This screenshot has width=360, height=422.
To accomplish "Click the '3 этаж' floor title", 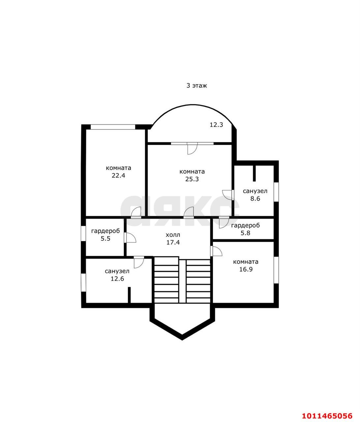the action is pyautogui.click(x=196, y=85).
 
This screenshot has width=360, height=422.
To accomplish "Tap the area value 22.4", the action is pyautogui.click(x=118, y=176).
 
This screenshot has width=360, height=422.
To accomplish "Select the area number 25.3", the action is pyautogui.click(x=192, y=179).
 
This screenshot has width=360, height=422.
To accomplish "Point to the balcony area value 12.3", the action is pyautogui.click(x=217, y=125).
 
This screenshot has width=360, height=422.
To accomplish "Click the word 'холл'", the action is pyautogui.click(x=173, y=235).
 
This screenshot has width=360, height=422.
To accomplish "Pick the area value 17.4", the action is pyautogui.click(x=173, y=243).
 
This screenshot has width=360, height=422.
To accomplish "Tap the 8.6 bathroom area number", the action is pyautogui.click(x=255, y=198).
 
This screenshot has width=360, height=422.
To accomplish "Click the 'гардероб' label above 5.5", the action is pyautogui.click(x=105, y=231).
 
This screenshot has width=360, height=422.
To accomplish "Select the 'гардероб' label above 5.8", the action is pyautogui.click(x=246, y=226).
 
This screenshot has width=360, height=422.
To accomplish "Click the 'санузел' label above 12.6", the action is pyautogui.click(x=117, y=271).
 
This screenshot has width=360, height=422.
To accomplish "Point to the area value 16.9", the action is pyautogui.click(x=246, y=269).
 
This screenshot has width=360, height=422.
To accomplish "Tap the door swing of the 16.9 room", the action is pyautogui.click(x=217, y=251).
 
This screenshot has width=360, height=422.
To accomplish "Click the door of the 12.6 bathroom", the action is pyautogui.click(x=139, y=262).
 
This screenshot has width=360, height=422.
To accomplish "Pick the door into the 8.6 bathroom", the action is pyautogui.click(x=227, y=195).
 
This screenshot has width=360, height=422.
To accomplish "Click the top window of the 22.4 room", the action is pyautogui.click(x=113, y=127).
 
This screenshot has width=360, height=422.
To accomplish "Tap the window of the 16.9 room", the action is pyautogui.click(x=276, y=270).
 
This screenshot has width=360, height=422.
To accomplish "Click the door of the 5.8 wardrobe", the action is pyautogui.click(x=224, y=223).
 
